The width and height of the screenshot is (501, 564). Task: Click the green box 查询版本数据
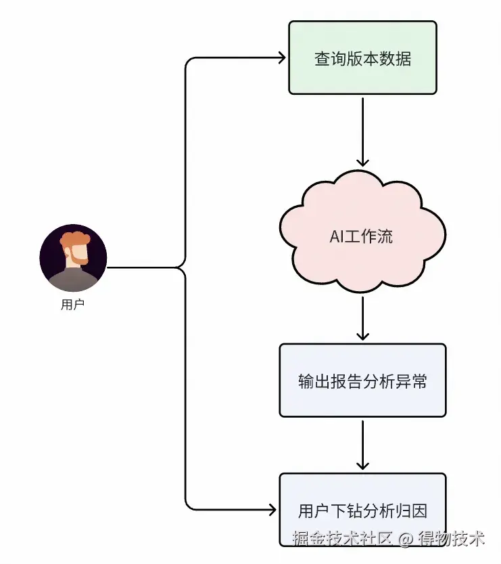362,58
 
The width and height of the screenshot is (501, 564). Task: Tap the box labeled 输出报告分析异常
362,381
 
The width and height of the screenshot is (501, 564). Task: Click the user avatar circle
73,258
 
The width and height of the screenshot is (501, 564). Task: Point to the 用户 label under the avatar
72,305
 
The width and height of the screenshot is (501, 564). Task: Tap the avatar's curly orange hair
73,240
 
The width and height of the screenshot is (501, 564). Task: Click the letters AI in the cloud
337,237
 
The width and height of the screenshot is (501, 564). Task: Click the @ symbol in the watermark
405,540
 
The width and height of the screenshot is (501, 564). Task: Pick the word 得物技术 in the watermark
452,540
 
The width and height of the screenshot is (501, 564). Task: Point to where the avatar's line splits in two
184,267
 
